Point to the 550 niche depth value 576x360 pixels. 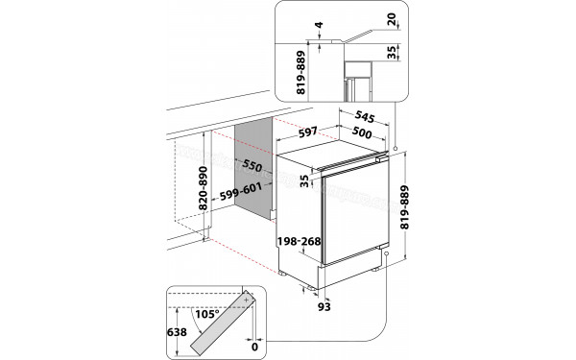[x=252, y=164]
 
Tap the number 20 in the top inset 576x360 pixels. [x=392, y=18]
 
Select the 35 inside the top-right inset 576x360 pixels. [x=392, y=52]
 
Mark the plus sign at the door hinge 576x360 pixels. [x=248, y=300]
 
